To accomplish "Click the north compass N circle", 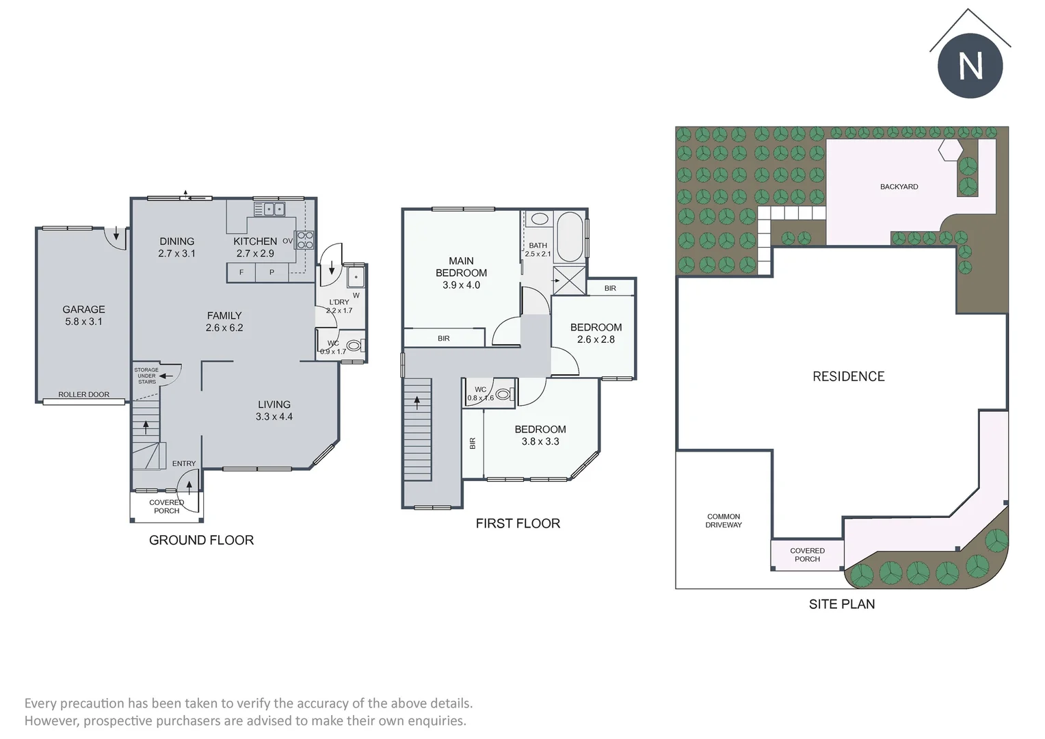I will (970, 66).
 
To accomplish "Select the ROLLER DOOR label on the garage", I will (83, 395).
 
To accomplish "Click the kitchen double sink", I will (274, 209).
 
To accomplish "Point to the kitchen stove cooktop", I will (305, 240).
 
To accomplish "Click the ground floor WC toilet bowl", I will (354, 346).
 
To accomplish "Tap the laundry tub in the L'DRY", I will (356, 278).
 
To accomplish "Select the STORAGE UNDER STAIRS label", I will (146, 376).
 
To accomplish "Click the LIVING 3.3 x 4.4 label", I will (274, 410).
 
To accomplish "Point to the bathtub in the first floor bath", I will (570, 237).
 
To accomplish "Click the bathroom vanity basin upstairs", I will (540, 220).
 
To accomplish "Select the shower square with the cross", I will (569, 281).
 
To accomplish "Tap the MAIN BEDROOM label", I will (461, 272).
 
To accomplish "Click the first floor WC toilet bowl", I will (504, 394).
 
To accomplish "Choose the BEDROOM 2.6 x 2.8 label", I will (596, 333).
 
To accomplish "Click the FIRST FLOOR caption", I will (518, 523).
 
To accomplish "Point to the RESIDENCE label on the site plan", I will (848, 376).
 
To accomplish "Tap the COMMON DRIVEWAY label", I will (724, 521).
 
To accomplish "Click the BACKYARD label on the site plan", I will (899, 187).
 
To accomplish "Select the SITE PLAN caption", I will (841, 604).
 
